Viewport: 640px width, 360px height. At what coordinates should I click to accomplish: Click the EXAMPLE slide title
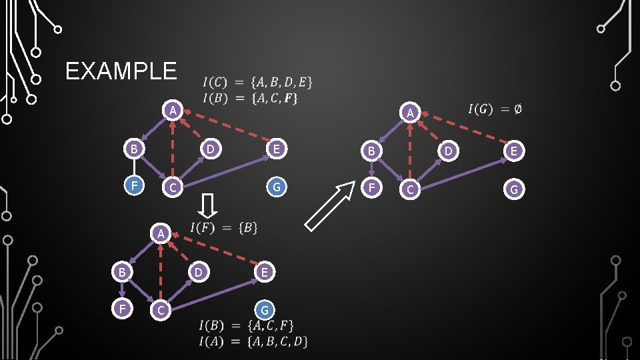(121, 71)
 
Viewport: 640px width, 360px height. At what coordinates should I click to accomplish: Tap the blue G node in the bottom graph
(265, 310)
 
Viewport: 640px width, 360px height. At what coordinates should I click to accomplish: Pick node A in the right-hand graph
(411, 113)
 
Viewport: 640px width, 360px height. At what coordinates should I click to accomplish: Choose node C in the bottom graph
(159, 310)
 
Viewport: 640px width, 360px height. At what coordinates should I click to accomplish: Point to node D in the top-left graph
(210, 149)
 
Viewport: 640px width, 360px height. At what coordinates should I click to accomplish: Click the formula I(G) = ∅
(495, 109)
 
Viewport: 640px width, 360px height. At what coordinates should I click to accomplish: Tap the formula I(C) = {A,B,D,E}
(257, 83)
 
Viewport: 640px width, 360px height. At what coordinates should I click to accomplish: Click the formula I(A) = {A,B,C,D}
(253, 341)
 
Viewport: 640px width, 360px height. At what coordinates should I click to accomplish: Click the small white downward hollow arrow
(208, 205)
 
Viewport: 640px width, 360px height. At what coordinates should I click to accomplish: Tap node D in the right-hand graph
(449, 152)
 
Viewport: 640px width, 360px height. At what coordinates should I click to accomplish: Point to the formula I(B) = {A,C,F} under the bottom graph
(246, 326)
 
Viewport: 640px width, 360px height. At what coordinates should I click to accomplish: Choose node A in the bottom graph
(161, 233)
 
